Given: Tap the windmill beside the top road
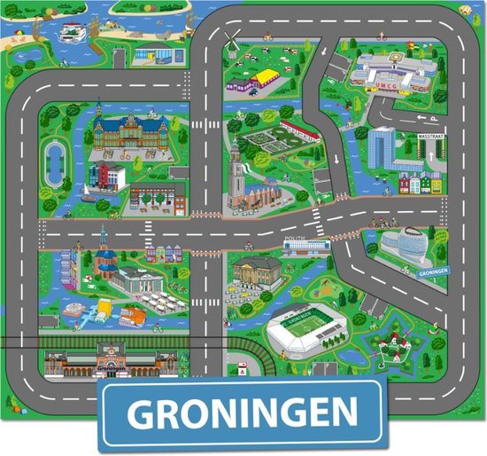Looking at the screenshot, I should (x=229, y=40).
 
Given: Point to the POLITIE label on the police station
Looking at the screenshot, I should (x=295, y=241).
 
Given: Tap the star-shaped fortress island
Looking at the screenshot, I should (x=390, y=344).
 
